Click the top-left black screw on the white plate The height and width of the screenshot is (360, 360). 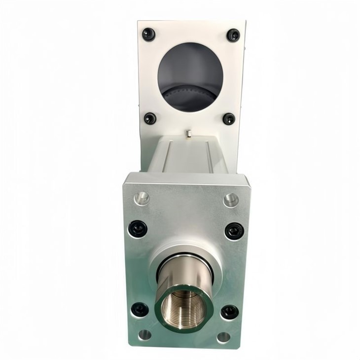click(x=148, y=34)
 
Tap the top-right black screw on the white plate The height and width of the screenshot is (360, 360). click(x=233, y=35)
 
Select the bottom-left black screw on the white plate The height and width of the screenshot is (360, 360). click(x=150, y=118)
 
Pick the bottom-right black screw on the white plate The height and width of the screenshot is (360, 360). click(x=229, y=119)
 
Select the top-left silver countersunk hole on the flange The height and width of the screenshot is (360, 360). click(x=142, y=198)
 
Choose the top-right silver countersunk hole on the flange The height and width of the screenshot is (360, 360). click(x=231, y=200)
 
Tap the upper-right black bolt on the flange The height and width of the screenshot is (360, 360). click(x=234, y=230)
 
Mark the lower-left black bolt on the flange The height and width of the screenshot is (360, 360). click(x=140, y=310)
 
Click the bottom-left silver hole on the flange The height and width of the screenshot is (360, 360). click(x=144, y=334)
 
